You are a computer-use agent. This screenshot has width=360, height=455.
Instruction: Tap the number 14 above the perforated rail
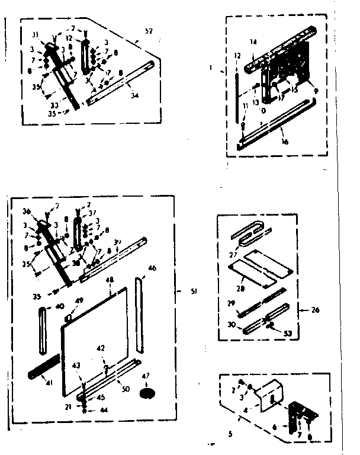pos(253,42)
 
